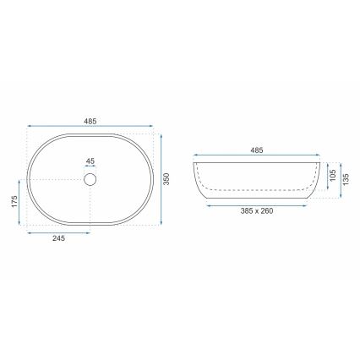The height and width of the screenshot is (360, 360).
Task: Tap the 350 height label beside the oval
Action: (x=166, y=180)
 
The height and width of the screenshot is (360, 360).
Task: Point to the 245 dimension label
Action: (x=58, y=239)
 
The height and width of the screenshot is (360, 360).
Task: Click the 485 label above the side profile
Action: (x=257, y=150)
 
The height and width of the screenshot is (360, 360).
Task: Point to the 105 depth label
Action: (x=333, y=176)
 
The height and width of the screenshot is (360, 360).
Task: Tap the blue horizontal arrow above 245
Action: (x=58, y=232)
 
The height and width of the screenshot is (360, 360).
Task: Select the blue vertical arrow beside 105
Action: (x=326, y=176)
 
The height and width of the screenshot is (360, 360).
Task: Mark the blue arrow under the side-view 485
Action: (x=257, y=156)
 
